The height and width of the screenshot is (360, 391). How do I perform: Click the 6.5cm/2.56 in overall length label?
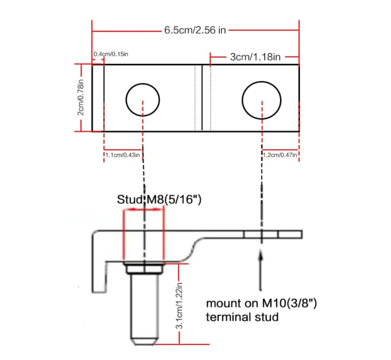pyautogui.click(x=195, y=30)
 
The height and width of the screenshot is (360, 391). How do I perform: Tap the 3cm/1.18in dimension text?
pyautogui.click(x=255, y=57)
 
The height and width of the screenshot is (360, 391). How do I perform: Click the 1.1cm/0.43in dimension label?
pyautogui.click(x=123, y=155)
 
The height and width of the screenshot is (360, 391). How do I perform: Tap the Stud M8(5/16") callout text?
pyautogui.click(x=159, y=199)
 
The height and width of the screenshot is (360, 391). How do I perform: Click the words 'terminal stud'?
pyautogui.click(x=242, y=317)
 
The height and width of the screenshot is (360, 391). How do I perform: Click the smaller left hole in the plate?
pyautogui.click(x=142, y=100)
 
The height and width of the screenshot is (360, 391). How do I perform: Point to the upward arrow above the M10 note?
pyautogui.click(x=261, y=270)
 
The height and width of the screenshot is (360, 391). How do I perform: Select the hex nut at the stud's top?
pyautogui.click(x=143, y=268)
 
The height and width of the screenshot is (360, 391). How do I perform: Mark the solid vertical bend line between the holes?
pyautogui.click(x=202, y=97)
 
